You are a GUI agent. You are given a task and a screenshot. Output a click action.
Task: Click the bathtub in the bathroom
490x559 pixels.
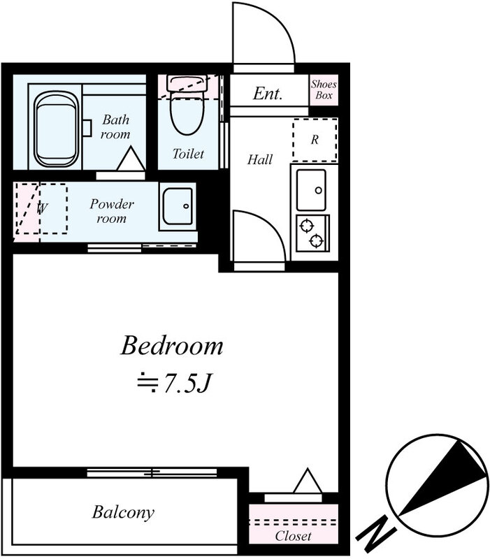click(x=57, y=129)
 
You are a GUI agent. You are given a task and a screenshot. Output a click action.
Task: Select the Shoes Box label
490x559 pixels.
click(x=324, y=90)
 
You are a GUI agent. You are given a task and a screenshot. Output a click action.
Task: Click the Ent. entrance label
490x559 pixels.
click(x=268, y=94)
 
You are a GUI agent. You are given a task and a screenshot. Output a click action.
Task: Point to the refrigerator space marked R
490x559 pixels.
click(x=315, y=140)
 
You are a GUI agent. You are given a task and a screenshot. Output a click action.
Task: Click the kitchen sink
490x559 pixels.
click(x=311, y=190)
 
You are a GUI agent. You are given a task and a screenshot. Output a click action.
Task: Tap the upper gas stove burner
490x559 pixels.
click(x=307, y=225)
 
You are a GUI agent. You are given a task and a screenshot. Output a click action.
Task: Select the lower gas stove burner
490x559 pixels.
click(x=317, y=241)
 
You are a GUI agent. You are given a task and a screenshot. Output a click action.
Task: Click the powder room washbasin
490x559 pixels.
click(x=178, y=206)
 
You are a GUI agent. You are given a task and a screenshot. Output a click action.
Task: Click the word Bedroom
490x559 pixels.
click(x=172, y=345)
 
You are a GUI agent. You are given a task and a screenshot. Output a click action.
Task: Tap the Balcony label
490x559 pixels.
click(x=124, y=513)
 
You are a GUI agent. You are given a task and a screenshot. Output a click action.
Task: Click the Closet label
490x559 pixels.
click(x=293, y=536)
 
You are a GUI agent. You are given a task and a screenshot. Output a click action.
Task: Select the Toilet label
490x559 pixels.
click(x=188, y=154)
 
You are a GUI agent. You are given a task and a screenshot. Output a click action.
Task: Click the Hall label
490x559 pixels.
click(x=260, y=159)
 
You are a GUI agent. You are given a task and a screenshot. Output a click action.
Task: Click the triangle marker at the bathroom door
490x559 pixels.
click(x=131, y=159)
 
